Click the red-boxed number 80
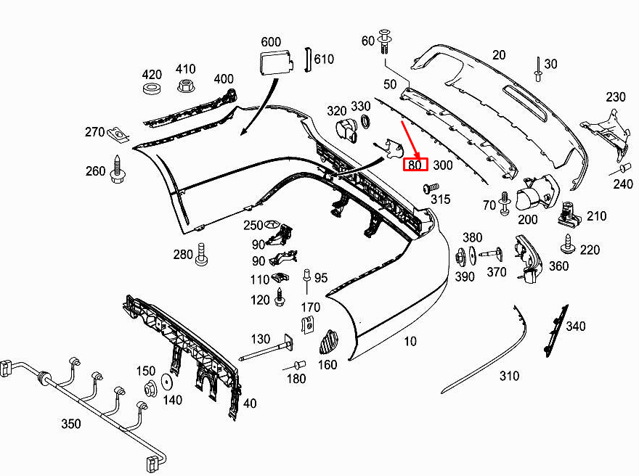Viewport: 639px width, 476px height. [x=415, y=165]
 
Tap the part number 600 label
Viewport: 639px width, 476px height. [x=270, y=41]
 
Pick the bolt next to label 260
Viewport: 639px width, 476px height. [x=116, y=168]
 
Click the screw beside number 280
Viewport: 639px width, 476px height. [x=203, y=253]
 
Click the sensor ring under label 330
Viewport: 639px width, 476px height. [x=361, y=121]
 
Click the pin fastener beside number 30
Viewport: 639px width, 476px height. [x=537, y=68]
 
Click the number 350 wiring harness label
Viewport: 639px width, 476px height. [x=71, y=423]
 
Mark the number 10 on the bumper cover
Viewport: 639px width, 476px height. [x=411, y=341]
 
